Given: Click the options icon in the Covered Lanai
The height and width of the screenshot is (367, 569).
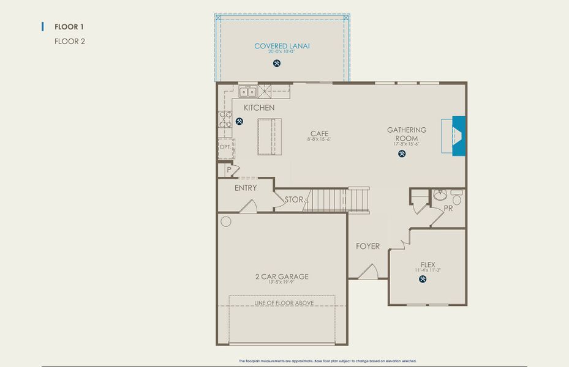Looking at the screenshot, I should pyautogui.click(x=277, y=62).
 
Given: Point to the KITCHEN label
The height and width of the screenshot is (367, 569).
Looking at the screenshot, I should pyautogui.click(x=259, y=108).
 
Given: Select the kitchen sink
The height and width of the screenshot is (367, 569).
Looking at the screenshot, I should pyautogui.click(x=248, y=92).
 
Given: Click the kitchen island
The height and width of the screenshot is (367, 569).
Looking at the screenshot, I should pyautogui.click(x=269, y=137).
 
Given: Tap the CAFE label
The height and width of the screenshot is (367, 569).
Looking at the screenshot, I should pyautogui.click(x=319, y=133).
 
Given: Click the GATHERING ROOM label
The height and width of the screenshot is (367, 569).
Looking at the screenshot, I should pyautogui.click(x=406, y=133).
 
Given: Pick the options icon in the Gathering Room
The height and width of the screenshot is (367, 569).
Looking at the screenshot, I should pyautogui.click(x=402, y=154).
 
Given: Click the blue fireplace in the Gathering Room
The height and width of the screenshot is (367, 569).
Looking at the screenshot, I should pyautogui.click(x=458, y=136).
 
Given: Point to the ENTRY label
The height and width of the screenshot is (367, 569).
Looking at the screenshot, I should pyautogui.click(x=246, y=188).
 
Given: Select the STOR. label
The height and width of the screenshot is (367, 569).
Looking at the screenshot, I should pyautogui.click(x=295, y=199).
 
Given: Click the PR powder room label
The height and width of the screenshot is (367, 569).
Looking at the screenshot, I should pyautogui.click(x=448, y=209).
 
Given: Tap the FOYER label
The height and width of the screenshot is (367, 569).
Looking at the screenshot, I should pyautogui.click(x=367, y=247).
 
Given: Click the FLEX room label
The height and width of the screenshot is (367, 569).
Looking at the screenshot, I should pyautogui.click(x=428, y=265).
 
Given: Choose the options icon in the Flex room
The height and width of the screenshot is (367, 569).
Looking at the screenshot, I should pyautogui.click(x=423, y=280).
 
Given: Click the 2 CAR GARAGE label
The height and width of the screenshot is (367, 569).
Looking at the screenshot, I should pyautogui.click(x=282, y=276).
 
